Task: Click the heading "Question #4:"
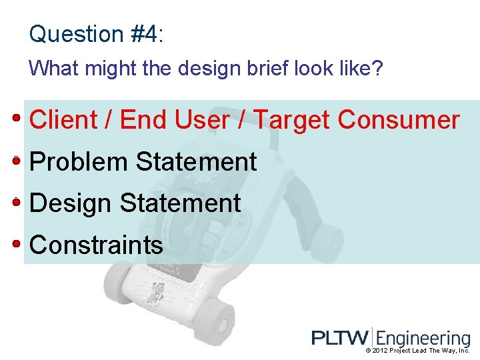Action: coord(96,34)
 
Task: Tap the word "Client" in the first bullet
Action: coord(63,120)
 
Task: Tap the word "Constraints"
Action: coord(97,245)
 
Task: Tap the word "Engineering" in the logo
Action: coord(423,339)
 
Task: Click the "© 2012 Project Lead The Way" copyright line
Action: coord(417,351)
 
